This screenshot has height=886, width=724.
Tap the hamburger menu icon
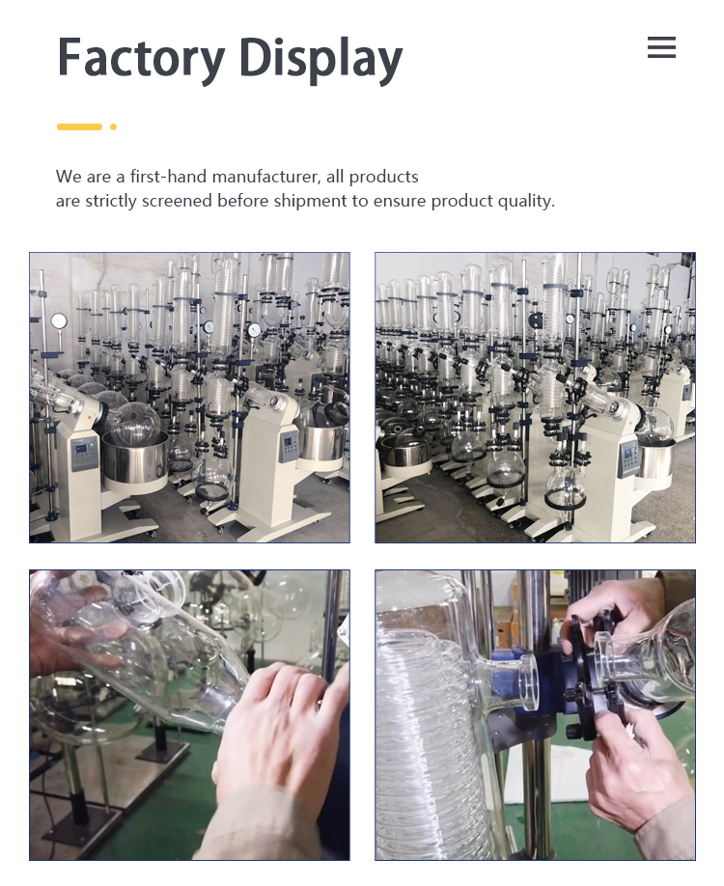click(661, 47)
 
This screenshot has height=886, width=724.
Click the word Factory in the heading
click(141, 58)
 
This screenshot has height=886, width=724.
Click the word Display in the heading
click(320, 58)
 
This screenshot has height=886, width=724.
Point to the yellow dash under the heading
click(79, 126)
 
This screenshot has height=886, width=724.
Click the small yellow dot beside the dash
click(113, 126)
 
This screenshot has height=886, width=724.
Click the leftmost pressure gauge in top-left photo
click(59, 321)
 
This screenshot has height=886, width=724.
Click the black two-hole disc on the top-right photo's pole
click(535, 321)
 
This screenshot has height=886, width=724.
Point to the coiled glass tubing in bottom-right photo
click(427, 746)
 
